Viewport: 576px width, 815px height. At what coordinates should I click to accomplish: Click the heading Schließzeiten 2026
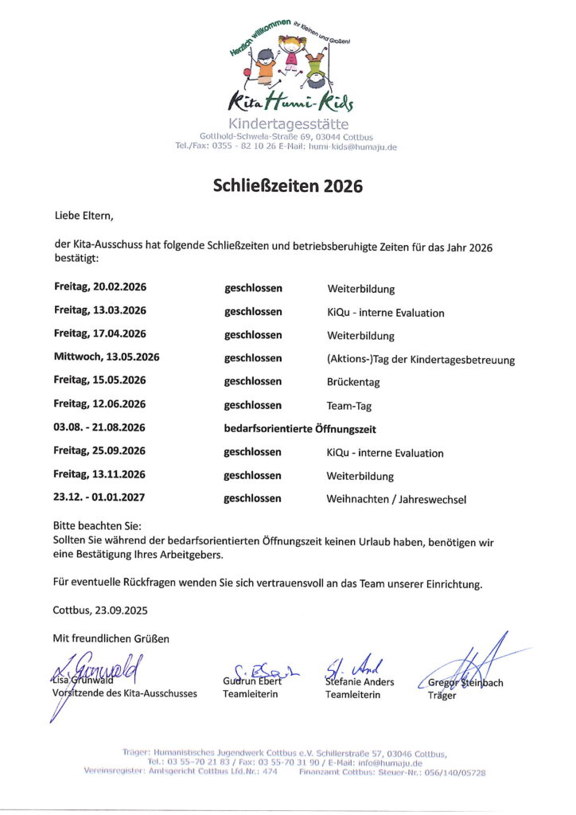[287, 186]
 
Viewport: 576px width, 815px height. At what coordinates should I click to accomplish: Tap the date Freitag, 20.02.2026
[100, 288]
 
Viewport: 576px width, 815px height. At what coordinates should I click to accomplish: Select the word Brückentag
[353, 382]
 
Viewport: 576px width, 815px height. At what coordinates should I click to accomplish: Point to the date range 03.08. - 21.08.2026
[100, 428]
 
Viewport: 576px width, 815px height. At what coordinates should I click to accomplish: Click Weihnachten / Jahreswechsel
[396, 499]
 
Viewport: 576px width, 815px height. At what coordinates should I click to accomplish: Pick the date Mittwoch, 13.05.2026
[107, 358]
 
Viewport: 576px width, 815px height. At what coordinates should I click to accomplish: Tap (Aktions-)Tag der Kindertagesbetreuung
[421, 359]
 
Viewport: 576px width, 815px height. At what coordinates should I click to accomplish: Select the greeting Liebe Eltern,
[84, 216]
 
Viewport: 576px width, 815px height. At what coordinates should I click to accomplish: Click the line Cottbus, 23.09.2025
[100, 610]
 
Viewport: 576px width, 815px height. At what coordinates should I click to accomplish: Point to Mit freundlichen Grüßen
[111, 638]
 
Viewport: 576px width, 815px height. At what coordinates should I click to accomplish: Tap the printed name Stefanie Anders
[360, 681]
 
